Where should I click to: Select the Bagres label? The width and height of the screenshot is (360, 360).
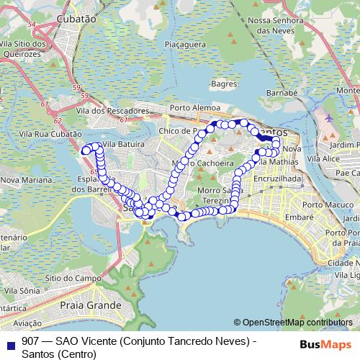tap(225, 84)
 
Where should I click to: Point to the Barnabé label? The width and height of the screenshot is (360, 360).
tap(282, 93)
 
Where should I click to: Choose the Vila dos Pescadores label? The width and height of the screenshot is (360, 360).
tap(111, 112)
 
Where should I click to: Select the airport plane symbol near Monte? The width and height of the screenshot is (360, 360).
tap(329, 117)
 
